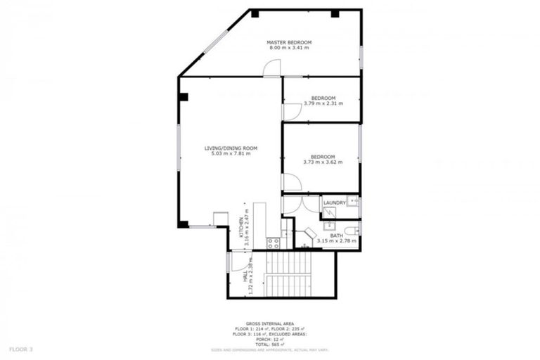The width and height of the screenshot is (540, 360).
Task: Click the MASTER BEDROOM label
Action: coord(288,43)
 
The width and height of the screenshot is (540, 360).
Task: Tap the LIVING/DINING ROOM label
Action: coord(231,148)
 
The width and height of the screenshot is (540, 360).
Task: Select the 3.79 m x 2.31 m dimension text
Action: coord(323,104)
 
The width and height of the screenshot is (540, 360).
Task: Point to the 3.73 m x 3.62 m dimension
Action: coord(323,162)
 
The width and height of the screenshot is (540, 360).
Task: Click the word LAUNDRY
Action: coord(335,203)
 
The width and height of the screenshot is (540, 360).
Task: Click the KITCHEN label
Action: coord(240,228)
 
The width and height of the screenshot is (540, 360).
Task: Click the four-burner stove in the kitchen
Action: coord(274,243)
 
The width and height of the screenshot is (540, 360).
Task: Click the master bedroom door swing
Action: coord(272,67)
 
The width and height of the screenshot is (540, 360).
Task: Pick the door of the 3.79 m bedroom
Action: coord(290,112)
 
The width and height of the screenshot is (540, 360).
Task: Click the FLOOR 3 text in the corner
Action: coord(21,348)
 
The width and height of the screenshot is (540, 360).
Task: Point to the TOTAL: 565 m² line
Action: coord(269,344)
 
